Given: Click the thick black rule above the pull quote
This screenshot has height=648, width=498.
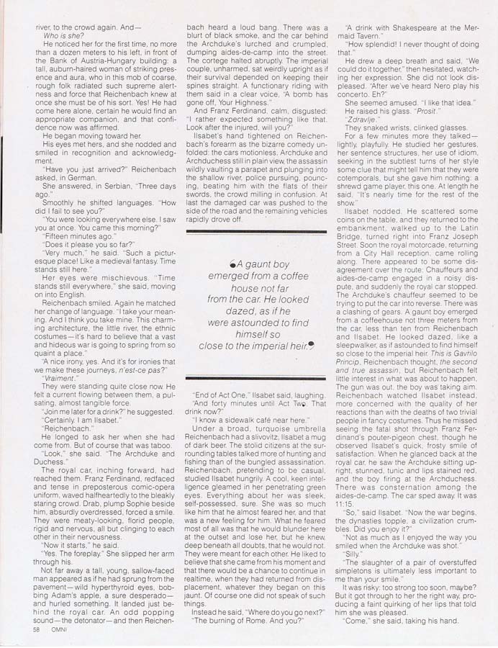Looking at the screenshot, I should click(x=246, y=232).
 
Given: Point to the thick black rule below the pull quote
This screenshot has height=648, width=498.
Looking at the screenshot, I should click(x=246, y=377).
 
